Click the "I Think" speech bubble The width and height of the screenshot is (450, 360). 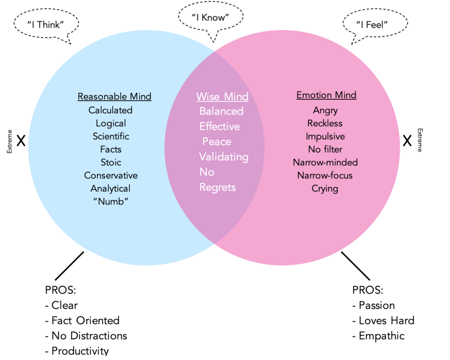pos(46,25)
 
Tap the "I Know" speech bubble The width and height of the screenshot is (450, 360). pos(211,18)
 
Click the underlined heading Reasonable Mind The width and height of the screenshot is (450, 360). pos(114,96)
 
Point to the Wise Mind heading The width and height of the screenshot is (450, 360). pos(222,97)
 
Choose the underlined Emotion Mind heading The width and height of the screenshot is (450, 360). pos(326,95)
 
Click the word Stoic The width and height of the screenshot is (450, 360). pos(111,162)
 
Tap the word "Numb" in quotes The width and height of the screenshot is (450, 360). pos(111,201)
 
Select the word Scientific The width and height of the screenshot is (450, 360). pos(111,136)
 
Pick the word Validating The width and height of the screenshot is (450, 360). pos(223,157)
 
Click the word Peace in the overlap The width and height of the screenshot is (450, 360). pos(216,142)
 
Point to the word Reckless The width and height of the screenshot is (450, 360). pos(325,123)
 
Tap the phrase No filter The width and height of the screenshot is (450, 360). pos(325,149)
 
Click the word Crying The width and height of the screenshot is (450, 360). pos(325,189)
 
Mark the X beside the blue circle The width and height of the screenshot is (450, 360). pos(20,141)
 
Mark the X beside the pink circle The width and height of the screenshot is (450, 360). pos(407,141)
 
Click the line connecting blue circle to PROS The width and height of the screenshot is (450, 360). pos(69,266)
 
